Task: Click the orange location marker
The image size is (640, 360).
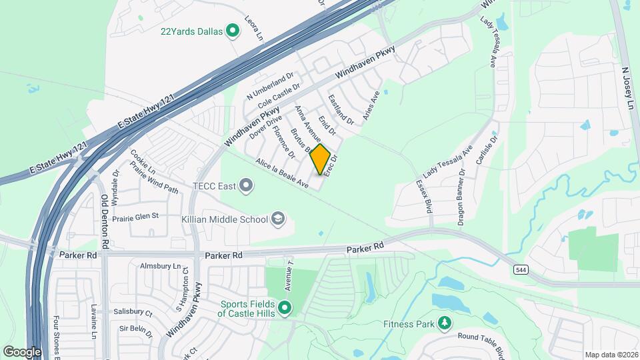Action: coord(321,159)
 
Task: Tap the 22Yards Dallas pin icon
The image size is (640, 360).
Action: coord(233,31)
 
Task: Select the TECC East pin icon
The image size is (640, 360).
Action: coord(246,185)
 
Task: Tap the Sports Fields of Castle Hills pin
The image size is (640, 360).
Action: coord(285,308)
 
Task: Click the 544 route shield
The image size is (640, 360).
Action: coord(521,269)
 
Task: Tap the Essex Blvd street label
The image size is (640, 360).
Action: coord(424,195)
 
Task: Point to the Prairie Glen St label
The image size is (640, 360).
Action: coord(136,216)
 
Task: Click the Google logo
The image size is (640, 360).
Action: coord(22,351)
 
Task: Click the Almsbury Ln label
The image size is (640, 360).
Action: coord(161,266)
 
